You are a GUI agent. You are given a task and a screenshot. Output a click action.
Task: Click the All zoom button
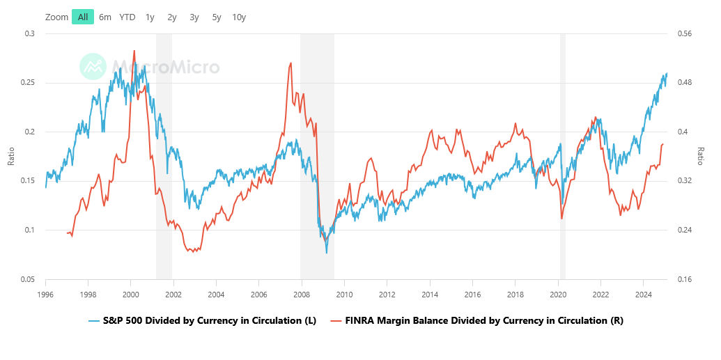point(83,17)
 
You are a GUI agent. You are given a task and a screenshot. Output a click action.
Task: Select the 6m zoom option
point(105,17)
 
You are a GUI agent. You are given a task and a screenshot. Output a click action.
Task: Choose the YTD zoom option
point(127,17)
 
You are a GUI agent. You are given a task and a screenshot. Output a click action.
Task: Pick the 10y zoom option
point(239,17)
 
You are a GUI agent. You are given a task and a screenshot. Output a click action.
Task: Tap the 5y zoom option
point(217,17)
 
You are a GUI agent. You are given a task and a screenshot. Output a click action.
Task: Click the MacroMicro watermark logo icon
point(92,66)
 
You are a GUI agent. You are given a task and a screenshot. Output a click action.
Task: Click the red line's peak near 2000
point(134,50)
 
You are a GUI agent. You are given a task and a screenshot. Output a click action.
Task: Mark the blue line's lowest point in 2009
point(327,252)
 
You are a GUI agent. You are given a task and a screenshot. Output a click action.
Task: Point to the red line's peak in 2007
point(290,63)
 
